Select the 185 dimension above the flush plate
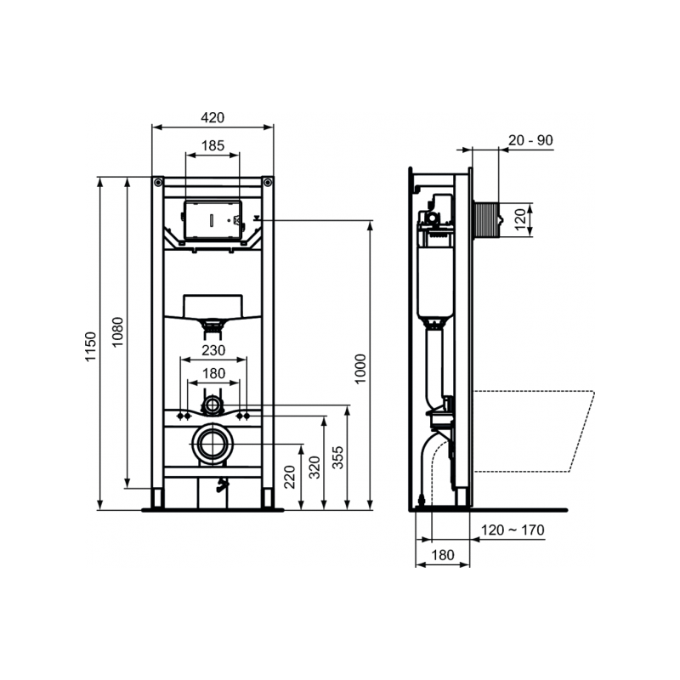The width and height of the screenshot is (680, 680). pos(212,146)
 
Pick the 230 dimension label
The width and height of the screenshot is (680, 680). pos(212,350)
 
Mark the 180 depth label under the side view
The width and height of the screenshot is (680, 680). pos(441,554)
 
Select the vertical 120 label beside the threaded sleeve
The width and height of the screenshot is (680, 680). pos(521,219)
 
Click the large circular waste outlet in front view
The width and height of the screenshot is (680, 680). pos(212,444)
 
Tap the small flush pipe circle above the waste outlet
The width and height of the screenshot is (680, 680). pos(212,404)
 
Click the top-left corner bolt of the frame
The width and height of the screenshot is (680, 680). pos(158,182)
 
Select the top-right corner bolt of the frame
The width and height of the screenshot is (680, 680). pos(268,182)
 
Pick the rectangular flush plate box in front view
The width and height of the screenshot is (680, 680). pos(212,219)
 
